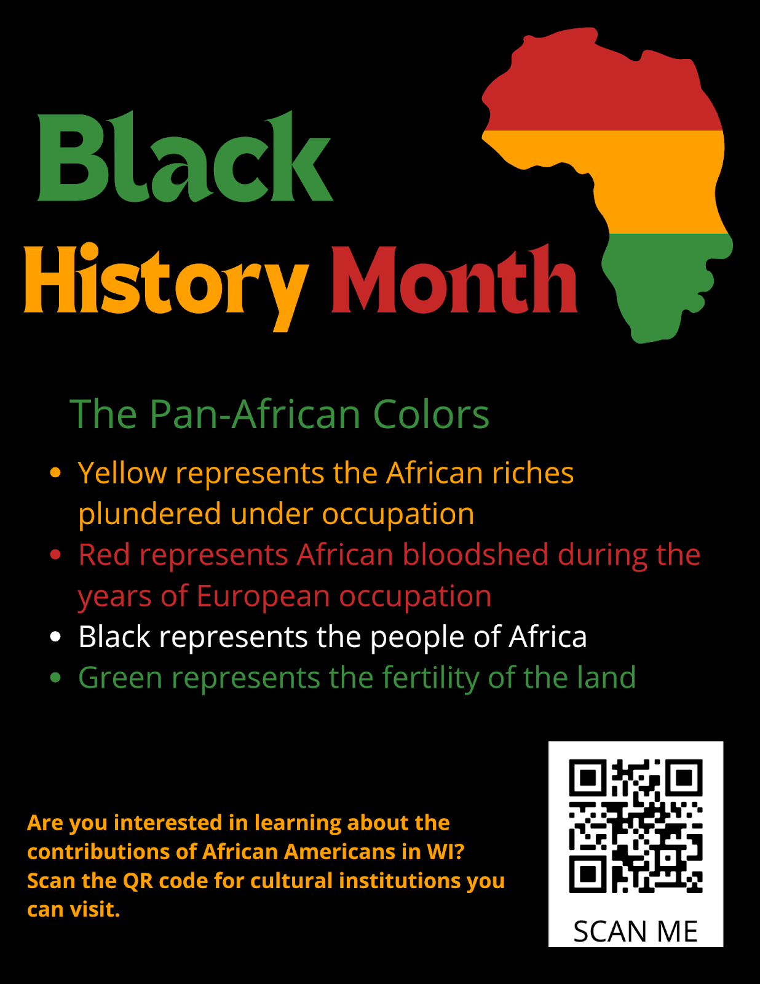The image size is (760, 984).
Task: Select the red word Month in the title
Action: point(454,280)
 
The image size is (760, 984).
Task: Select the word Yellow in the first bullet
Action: point(122,474)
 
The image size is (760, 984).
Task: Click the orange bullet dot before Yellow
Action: point(55,472)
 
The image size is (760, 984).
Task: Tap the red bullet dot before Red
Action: point(55,555)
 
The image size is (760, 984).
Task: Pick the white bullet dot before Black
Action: point(55,637)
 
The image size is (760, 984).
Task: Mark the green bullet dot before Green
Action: point(55,678)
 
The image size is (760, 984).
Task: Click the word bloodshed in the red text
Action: point(475,555)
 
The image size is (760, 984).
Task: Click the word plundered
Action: point(149,514)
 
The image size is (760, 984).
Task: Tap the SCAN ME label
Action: point(635,931)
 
